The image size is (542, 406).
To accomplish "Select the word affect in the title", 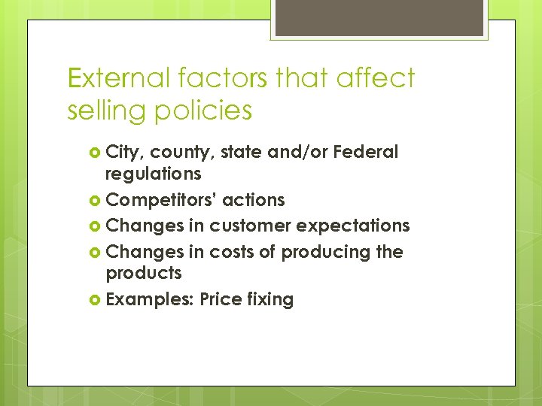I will (374, 77).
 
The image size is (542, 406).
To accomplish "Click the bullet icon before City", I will (95, 153).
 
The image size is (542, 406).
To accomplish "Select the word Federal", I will (365, 152).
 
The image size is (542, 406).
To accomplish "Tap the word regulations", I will (153, 174).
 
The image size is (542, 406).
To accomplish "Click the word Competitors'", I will (161, 200).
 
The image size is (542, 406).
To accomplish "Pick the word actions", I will (254, 200).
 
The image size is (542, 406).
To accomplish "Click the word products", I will (144, 273).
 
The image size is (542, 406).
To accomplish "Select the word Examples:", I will (151, 299).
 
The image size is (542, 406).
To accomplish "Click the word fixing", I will (270, 299).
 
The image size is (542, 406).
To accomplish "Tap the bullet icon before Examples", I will (95, 300).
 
